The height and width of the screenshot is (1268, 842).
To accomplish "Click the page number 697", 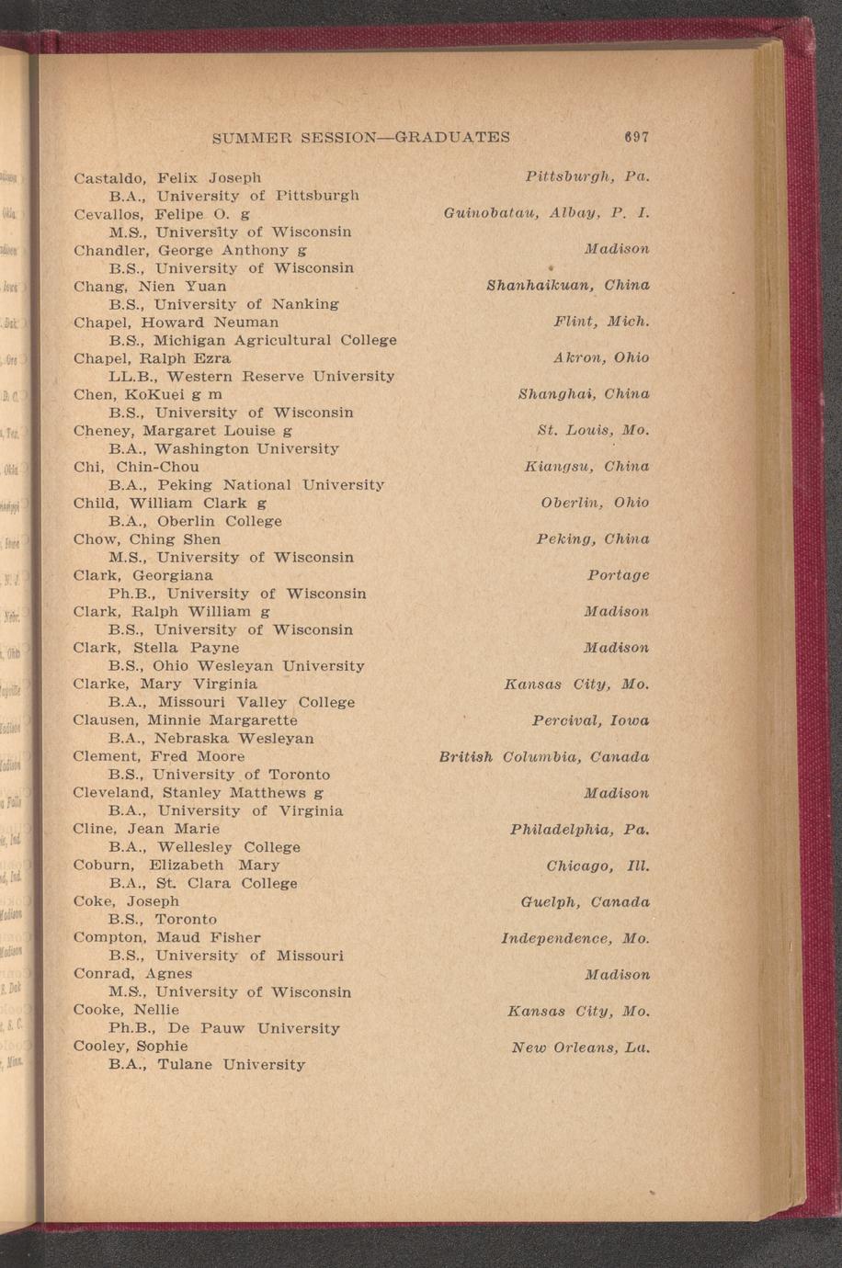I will tap(635, 137).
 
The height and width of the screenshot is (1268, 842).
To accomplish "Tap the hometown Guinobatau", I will tap(491, 213).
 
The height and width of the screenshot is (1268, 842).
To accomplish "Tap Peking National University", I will tap(270, 484).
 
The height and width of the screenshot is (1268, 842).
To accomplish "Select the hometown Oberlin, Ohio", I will tap(595, 503).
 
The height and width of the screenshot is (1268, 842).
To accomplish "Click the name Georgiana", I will tap(173, 575).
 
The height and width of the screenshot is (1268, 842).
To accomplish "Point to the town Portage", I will tap(618, 575).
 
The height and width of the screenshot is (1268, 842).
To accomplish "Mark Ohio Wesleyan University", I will tap(260, 665).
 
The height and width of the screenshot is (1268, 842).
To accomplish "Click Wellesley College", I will tap(229, 846).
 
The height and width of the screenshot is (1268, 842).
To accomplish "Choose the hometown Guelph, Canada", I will tap(585, 902).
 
